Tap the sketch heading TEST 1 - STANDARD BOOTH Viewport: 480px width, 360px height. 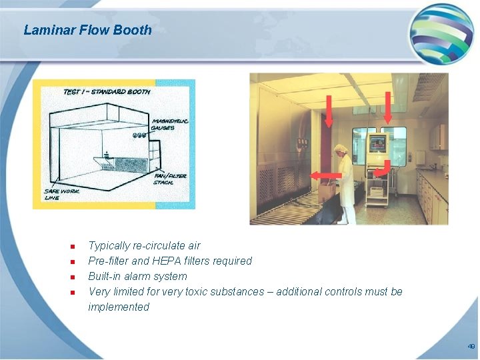107,91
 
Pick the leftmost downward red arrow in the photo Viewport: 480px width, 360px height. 329,111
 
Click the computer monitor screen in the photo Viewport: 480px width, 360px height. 378,142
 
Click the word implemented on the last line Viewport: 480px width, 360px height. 119,307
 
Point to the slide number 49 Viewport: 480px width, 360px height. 471,347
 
